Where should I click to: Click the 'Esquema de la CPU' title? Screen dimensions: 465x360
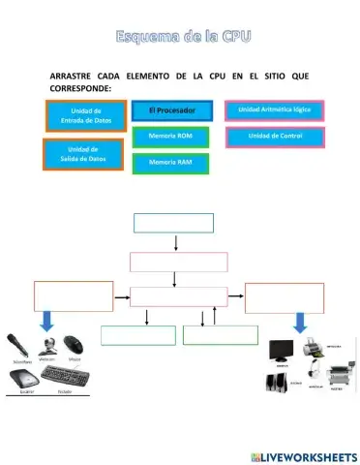coord(181,37)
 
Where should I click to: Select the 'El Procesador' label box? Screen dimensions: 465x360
coord(172,111)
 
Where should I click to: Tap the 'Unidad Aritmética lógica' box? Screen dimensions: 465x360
coord(275,110)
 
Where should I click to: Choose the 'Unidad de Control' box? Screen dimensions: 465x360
coord(275,137)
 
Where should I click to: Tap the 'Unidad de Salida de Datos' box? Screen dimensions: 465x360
coord(84,154)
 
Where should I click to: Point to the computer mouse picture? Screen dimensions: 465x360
coord(75,343)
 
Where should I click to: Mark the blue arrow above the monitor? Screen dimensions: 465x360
coord(302,321)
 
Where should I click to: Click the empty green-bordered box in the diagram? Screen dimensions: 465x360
coord(138,335)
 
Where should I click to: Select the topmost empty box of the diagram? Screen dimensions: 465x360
coord(173,223)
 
